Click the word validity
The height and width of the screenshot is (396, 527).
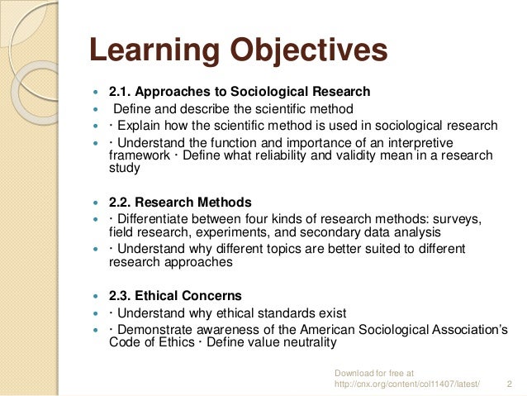point(363,155)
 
